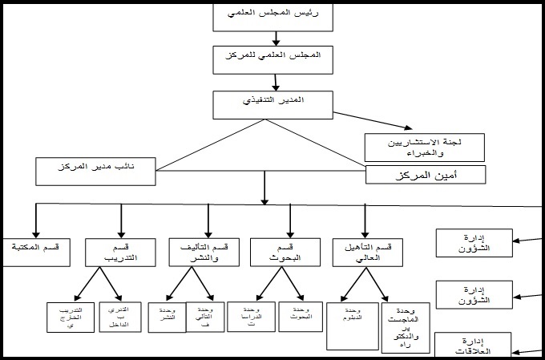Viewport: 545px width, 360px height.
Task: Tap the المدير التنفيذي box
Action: coord(272,102)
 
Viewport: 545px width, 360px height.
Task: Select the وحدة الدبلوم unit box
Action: coord(353,325)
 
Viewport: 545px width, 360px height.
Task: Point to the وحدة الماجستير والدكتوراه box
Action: coord(410,327)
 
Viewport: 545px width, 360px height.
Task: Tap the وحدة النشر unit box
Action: coord(167,315)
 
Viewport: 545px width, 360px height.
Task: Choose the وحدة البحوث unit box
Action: coord(300,315)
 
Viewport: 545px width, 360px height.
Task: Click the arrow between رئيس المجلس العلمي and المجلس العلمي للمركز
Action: coord(275,37)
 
